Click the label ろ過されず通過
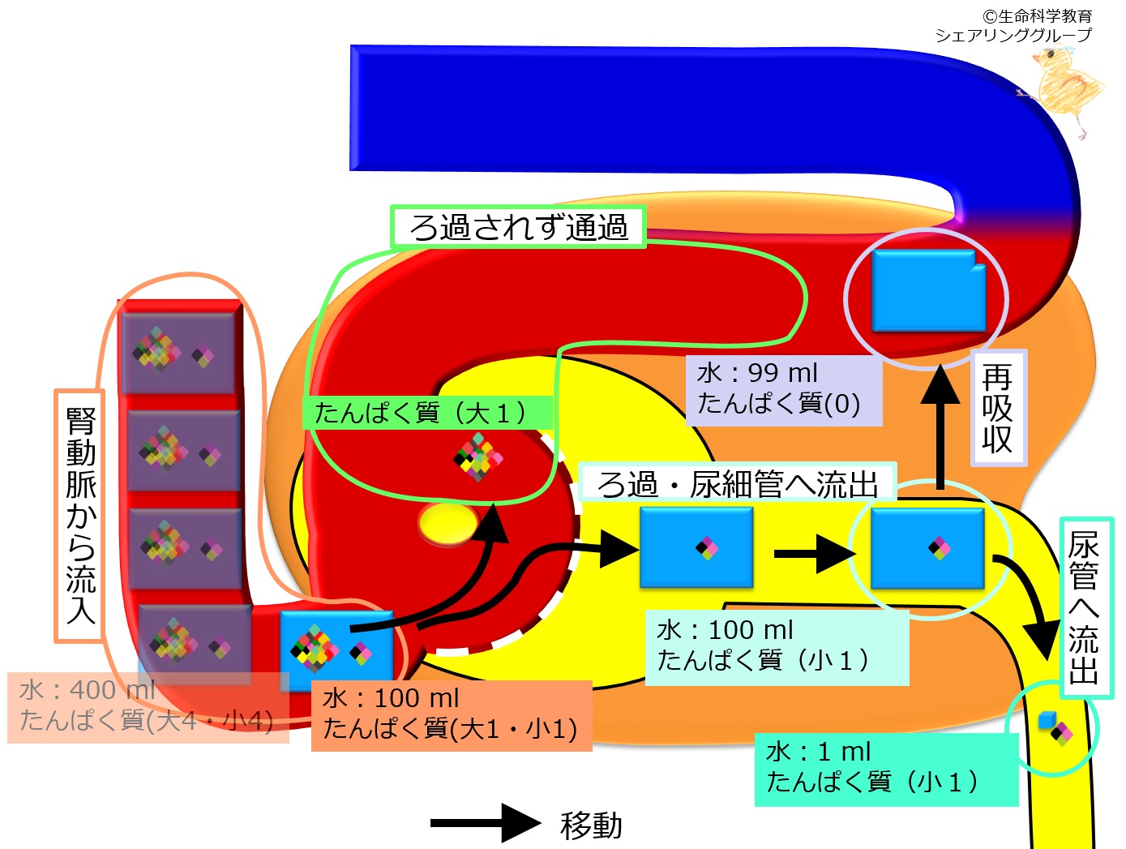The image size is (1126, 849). coord(518,227)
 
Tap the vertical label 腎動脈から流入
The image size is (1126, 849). coord(80,516)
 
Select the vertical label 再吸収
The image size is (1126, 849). coord(998,408)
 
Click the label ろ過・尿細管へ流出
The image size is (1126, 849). coord(737,483)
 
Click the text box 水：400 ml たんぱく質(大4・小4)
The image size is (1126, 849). coord(148,707)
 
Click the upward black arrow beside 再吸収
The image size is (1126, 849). coord(940,427)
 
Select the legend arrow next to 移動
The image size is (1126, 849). coord(486,823)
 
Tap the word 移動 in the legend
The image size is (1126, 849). coord(591,825)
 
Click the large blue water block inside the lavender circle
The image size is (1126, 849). coord(929,290)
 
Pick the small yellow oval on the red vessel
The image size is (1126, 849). coord(447,523)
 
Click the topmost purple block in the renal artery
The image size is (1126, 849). coord(178,353)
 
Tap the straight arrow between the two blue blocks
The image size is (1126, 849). coord(815,554)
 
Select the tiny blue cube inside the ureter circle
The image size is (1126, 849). coord(1047,720)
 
